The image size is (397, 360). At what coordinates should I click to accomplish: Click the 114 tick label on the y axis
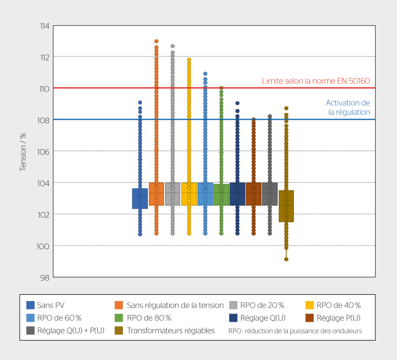pos(45,26)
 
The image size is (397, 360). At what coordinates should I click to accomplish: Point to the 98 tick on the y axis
pos(45,278)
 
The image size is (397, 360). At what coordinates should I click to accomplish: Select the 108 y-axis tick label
pos(43,120)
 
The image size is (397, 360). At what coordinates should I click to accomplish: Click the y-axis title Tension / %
pos(23,152)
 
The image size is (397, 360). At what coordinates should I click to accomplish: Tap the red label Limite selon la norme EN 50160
pos(316,81)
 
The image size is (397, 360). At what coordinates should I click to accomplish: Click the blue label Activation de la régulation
pos(348,107)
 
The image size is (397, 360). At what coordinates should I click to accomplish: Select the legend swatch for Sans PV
pos(30,305)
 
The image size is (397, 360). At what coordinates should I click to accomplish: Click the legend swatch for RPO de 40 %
pos(309,305)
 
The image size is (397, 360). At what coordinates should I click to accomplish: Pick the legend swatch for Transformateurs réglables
pos(119,331)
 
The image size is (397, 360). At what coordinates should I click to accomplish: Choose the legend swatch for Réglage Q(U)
pos(233,318)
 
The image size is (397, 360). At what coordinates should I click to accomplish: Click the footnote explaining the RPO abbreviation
pos(295,331)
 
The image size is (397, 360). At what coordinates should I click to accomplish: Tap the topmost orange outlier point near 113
pos(156,41)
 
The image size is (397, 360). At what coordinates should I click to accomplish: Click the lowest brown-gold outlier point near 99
pos(286,259)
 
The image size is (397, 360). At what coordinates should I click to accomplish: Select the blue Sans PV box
pos(140,198)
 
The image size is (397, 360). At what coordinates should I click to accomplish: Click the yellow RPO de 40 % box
pos(189,194)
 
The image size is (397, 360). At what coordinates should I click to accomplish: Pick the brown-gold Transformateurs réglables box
pos(286,206)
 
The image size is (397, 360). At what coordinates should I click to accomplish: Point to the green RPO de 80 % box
pos(221,195)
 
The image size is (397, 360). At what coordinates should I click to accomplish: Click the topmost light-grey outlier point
pos(172,46)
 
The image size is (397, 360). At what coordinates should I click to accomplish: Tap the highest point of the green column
pos(221,88)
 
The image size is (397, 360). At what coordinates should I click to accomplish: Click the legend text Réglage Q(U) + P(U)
pos(71,331)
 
